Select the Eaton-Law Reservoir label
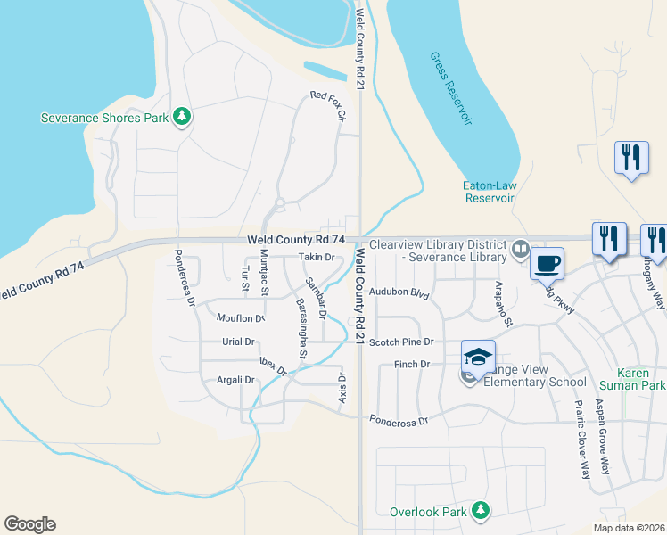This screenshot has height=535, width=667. (490, 192)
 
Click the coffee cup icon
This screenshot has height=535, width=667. (547, 263)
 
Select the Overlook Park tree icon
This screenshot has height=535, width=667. (481, 511)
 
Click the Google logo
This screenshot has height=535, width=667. (29, 524)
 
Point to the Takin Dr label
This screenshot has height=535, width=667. (316, 257)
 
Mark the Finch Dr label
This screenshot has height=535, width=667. (412, 364)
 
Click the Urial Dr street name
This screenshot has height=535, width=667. (238, 342)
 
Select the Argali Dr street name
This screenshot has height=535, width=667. (236, 380)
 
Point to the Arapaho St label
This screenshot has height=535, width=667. (503, 303)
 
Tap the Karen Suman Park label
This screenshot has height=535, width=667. (641, 379)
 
